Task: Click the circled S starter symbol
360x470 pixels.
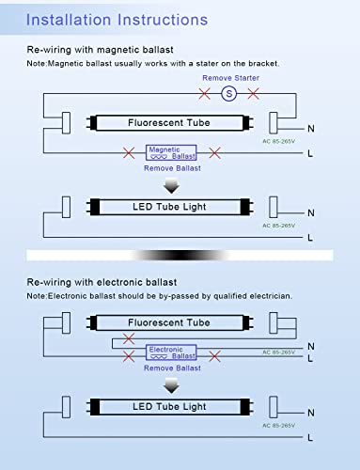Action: [229, 93]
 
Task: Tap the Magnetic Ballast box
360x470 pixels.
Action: [171, 152]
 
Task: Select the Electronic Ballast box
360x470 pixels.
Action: [171, 352]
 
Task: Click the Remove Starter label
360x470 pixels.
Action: [230, 78]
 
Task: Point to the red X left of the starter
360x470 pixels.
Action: [205, 93]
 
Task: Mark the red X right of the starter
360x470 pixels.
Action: [253, 93]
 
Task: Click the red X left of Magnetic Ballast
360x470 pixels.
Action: [129, 153]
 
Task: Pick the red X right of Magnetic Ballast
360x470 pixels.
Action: [215, 153]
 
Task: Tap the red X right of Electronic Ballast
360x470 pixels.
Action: [215, 356]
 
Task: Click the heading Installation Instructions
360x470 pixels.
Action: [117, 20]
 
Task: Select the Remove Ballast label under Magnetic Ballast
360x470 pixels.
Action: [172, 168]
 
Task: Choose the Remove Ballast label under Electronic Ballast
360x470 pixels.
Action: [172, 368]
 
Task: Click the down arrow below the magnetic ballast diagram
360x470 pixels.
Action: [171, 186]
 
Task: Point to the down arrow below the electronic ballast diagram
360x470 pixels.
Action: [171, 385]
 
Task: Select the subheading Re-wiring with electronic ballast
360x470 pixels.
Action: [102, 282]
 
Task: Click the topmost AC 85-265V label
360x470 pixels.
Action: [279, 141]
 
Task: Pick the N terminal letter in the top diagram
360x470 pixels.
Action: [311, 129]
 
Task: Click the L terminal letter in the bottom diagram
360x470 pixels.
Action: [310, 438]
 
